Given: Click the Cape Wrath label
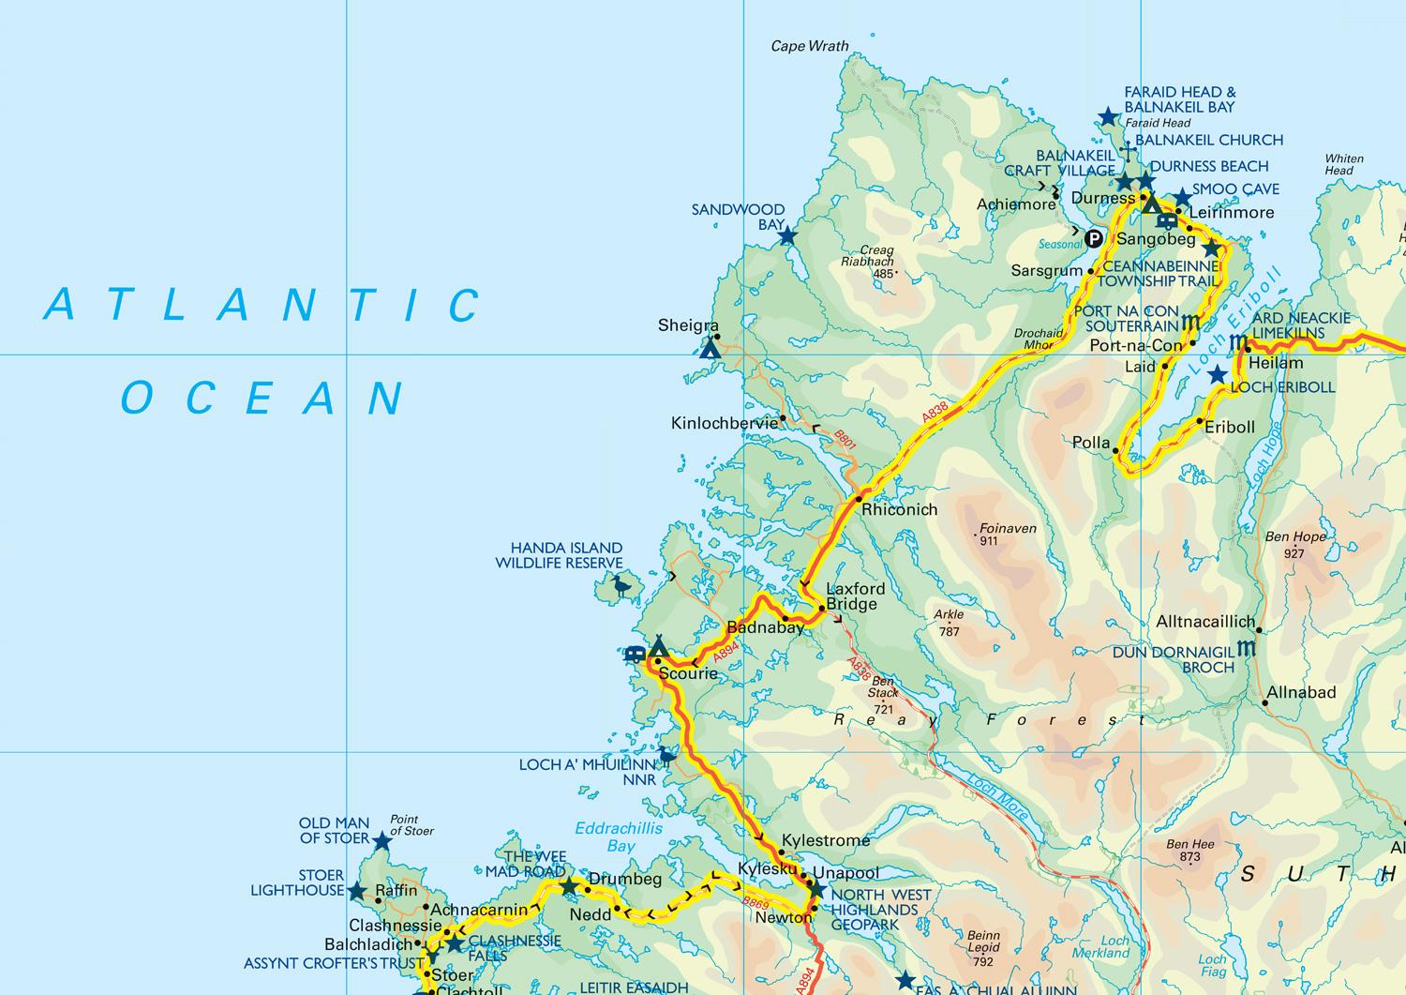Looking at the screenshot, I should point(809,46).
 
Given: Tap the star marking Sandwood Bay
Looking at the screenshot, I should point(787,236).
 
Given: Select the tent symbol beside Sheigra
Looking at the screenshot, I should point(710,349).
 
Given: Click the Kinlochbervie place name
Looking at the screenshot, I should point(725,423).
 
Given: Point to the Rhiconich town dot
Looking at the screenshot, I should point(859,499).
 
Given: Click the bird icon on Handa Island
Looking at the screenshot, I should point(621,587).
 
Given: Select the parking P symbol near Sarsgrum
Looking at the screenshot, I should point(1093,239).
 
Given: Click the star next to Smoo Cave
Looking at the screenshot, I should point(1182,198).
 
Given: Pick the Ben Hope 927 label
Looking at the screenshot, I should point(1295,545).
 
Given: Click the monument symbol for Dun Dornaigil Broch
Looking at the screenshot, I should point(1247,648).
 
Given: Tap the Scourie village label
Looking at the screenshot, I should point(688,673).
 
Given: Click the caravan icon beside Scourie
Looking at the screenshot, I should point(635,654).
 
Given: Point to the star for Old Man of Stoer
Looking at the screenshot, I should point(381,841).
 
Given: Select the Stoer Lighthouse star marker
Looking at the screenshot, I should point(356,891).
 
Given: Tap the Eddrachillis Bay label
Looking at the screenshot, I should point(618,837).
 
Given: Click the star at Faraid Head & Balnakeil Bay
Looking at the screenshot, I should point(1108,117).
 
